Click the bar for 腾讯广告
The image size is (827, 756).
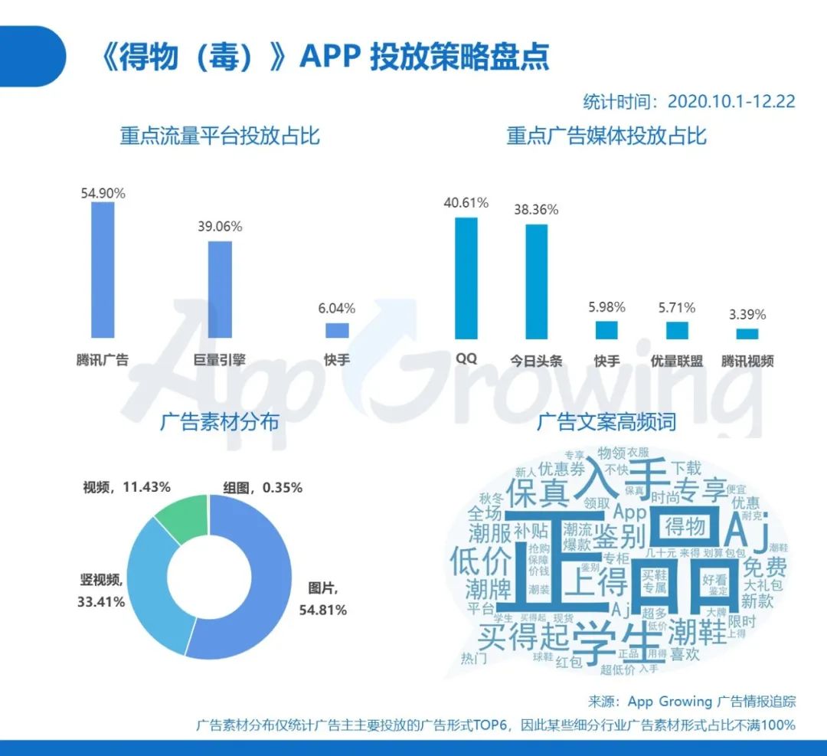(103, 270)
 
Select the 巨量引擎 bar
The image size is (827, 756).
(220, 290)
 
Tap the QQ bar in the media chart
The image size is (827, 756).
(466, 278)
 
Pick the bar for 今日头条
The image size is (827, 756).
(536, 281)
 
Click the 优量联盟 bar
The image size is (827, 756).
(677, 330)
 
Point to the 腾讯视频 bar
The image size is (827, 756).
(747, 334)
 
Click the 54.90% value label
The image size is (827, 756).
(103, 193)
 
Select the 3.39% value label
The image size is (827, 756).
(747, 314)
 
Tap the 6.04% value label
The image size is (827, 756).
(337, 309)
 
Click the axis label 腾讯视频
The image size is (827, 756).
(747, 361)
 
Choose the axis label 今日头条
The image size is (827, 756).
(536, 361)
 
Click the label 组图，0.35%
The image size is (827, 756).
(263, 487)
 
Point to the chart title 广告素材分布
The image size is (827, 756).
(220, 422)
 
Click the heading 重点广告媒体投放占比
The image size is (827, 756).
(606, 136)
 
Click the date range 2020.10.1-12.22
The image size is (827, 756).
(731, 101)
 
